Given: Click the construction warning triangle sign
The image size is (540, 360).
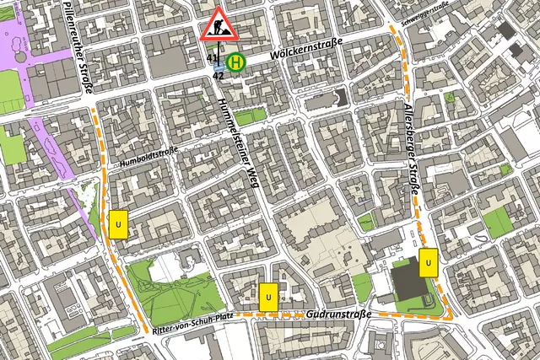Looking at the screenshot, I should (219, 24).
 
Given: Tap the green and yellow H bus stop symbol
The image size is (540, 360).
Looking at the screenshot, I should (239, 61).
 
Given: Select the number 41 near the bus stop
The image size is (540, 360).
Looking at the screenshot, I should (212, 58).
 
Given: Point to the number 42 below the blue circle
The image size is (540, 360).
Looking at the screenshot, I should (218, 76).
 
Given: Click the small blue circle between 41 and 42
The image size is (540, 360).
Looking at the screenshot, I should (219, 66).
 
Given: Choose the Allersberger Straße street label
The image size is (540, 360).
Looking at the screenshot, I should (412, 152).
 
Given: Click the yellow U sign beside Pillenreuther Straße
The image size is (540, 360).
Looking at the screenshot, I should (118, 224).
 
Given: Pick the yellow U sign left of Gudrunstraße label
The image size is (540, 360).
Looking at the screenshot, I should (268, 297).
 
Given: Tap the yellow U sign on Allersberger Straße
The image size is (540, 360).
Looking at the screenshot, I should (429, 263).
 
